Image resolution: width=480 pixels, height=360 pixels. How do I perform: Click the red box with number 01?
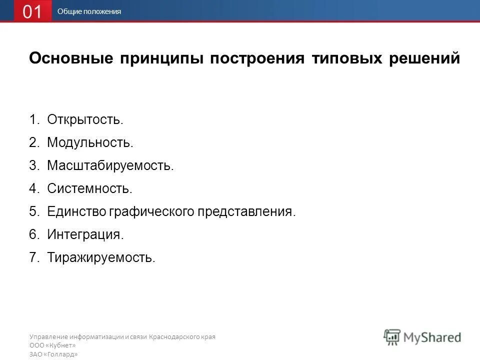click(32, 11)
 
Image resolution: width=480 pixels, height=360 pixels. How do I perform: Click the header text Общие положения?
click(89, 11)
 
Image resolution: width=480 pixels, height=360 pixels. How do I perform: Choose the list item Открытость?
click(85, 120)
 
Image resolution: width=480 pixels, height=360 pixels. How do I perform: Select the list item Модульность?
click(90, 143)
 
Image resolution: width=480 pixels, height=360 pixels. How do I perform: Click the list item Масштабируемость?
click(110, 165)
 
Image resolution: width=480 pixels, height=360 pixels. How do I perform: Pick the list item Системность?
click(89, 188)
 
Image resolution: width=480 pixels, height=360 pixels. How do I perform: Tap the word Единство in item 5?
click(75, 211)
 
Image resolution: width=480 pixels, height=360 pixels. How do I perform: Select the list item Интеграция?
click(85, 234)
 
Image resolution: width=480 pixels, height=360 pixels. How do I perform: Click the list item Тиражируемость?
click(101, 257)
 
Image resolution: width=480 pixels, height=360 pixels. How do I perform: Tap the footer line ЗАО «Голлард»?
click(53, 354)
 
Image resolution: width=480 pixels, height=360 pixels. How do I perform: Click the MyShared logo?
click(422, 337)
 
